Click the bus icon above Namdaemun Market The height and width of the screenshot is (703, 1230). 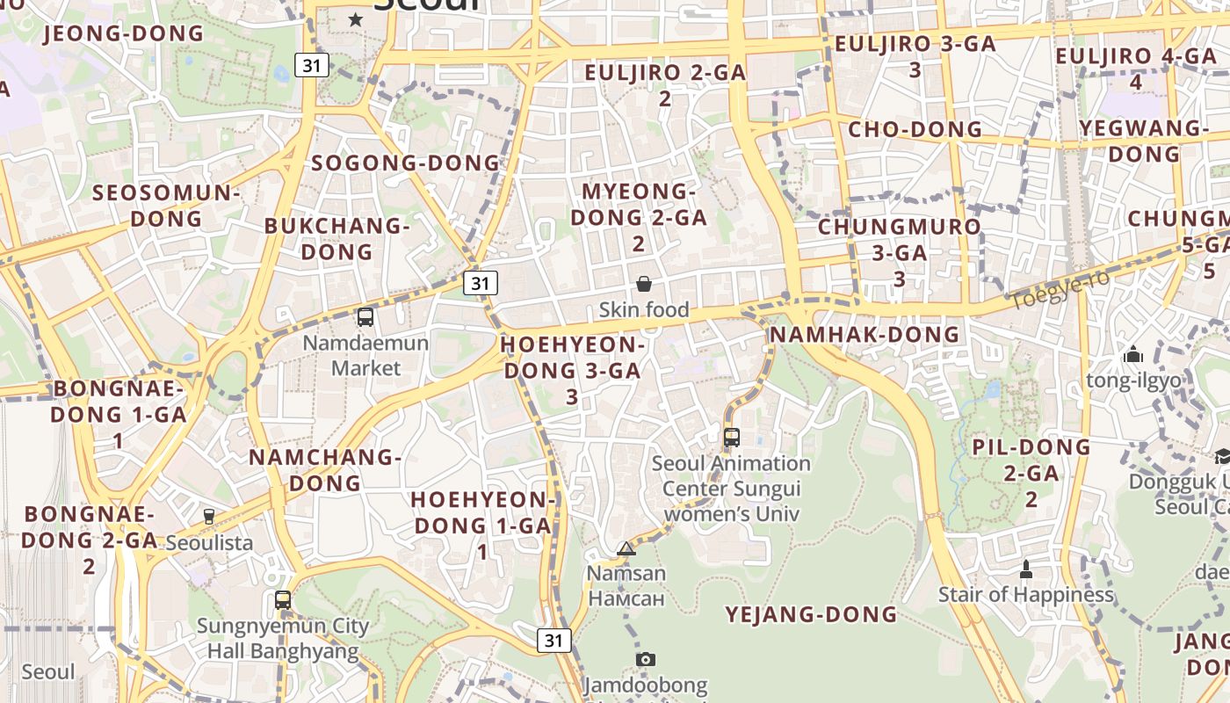click(365, 317)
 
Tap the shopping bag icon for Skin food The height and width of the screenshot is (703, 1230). click(644, 284)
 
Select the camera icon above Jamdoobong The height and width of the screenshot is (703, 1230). click(646, 659)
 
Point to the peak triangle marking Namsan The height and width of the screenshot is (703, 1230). click(626, 549)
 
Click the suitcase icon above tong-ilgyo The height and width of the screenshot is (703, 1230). click(1133, 355)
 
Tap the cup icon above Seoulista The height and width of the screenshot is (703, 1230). click(209, 517)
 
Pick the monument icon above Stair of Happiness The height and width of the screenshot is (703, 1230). click(1025, 569)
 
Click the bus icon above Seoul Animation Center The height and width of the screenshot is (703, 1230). click(732, 437)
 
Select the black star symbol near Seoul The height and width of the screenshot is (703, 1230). click(355, 18)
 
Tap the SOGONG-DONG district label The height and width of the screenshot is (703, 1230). click(405, 163)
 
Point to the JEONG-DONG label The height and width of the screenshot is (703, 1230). click(123, 34)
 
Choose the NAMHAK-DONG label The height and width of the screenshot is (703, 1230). click(865, 335)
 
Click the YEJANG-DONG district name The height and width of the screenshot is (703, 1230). click(811, 614)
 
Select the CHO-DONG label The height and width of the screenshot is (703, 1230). click(915, 130)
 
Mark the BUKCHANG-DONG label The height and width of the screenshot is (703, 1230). click(337, 238)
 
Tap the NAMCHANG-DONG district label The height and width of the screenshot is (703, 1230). click(325, 469)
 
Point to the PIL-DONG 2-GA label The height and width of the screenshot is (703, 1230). click(1031, 473)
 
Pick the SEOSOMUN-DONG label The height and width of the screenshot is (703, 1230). click(166, 205)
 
